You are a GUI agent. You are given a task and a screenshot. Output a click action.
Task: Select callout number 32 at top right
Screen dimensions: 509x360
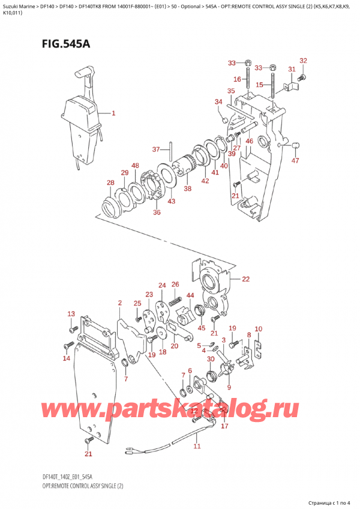click(x=303, y=61)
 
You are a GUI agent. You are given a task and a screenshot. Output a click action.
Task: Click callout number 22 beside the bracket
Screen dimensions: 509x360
click(x=245, y=279)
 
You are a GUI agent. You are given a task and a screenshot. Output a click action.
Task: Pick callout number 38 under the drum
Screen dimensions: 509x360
click(x=187, y=188)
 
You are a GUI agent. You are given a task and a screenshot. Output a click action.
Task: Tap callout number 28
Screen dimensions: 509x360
click(x=110, y=183)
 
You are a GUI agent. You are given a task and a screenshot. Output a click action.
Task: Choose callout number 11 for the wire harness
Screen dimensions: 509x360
click(x=197, y=446)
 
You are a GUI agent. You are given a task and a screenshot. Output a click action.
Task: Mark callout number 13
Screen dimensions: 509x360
click(x=71, y=314)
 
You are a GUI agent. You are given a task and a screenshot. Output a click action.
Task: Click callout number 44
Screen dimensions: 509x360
click(x=190, y=296)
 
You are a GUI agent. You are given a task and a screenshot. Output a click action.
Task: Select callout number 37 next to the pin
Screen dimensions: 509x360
click(x=155, y=149)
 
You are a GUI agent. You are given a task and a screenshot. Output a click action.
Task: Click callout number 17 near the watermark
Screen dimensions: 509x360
click(x=224, y=427)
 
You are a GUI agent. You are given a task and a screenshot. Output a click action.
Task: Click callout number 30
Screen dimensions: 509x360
click(x=210, y=360)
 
